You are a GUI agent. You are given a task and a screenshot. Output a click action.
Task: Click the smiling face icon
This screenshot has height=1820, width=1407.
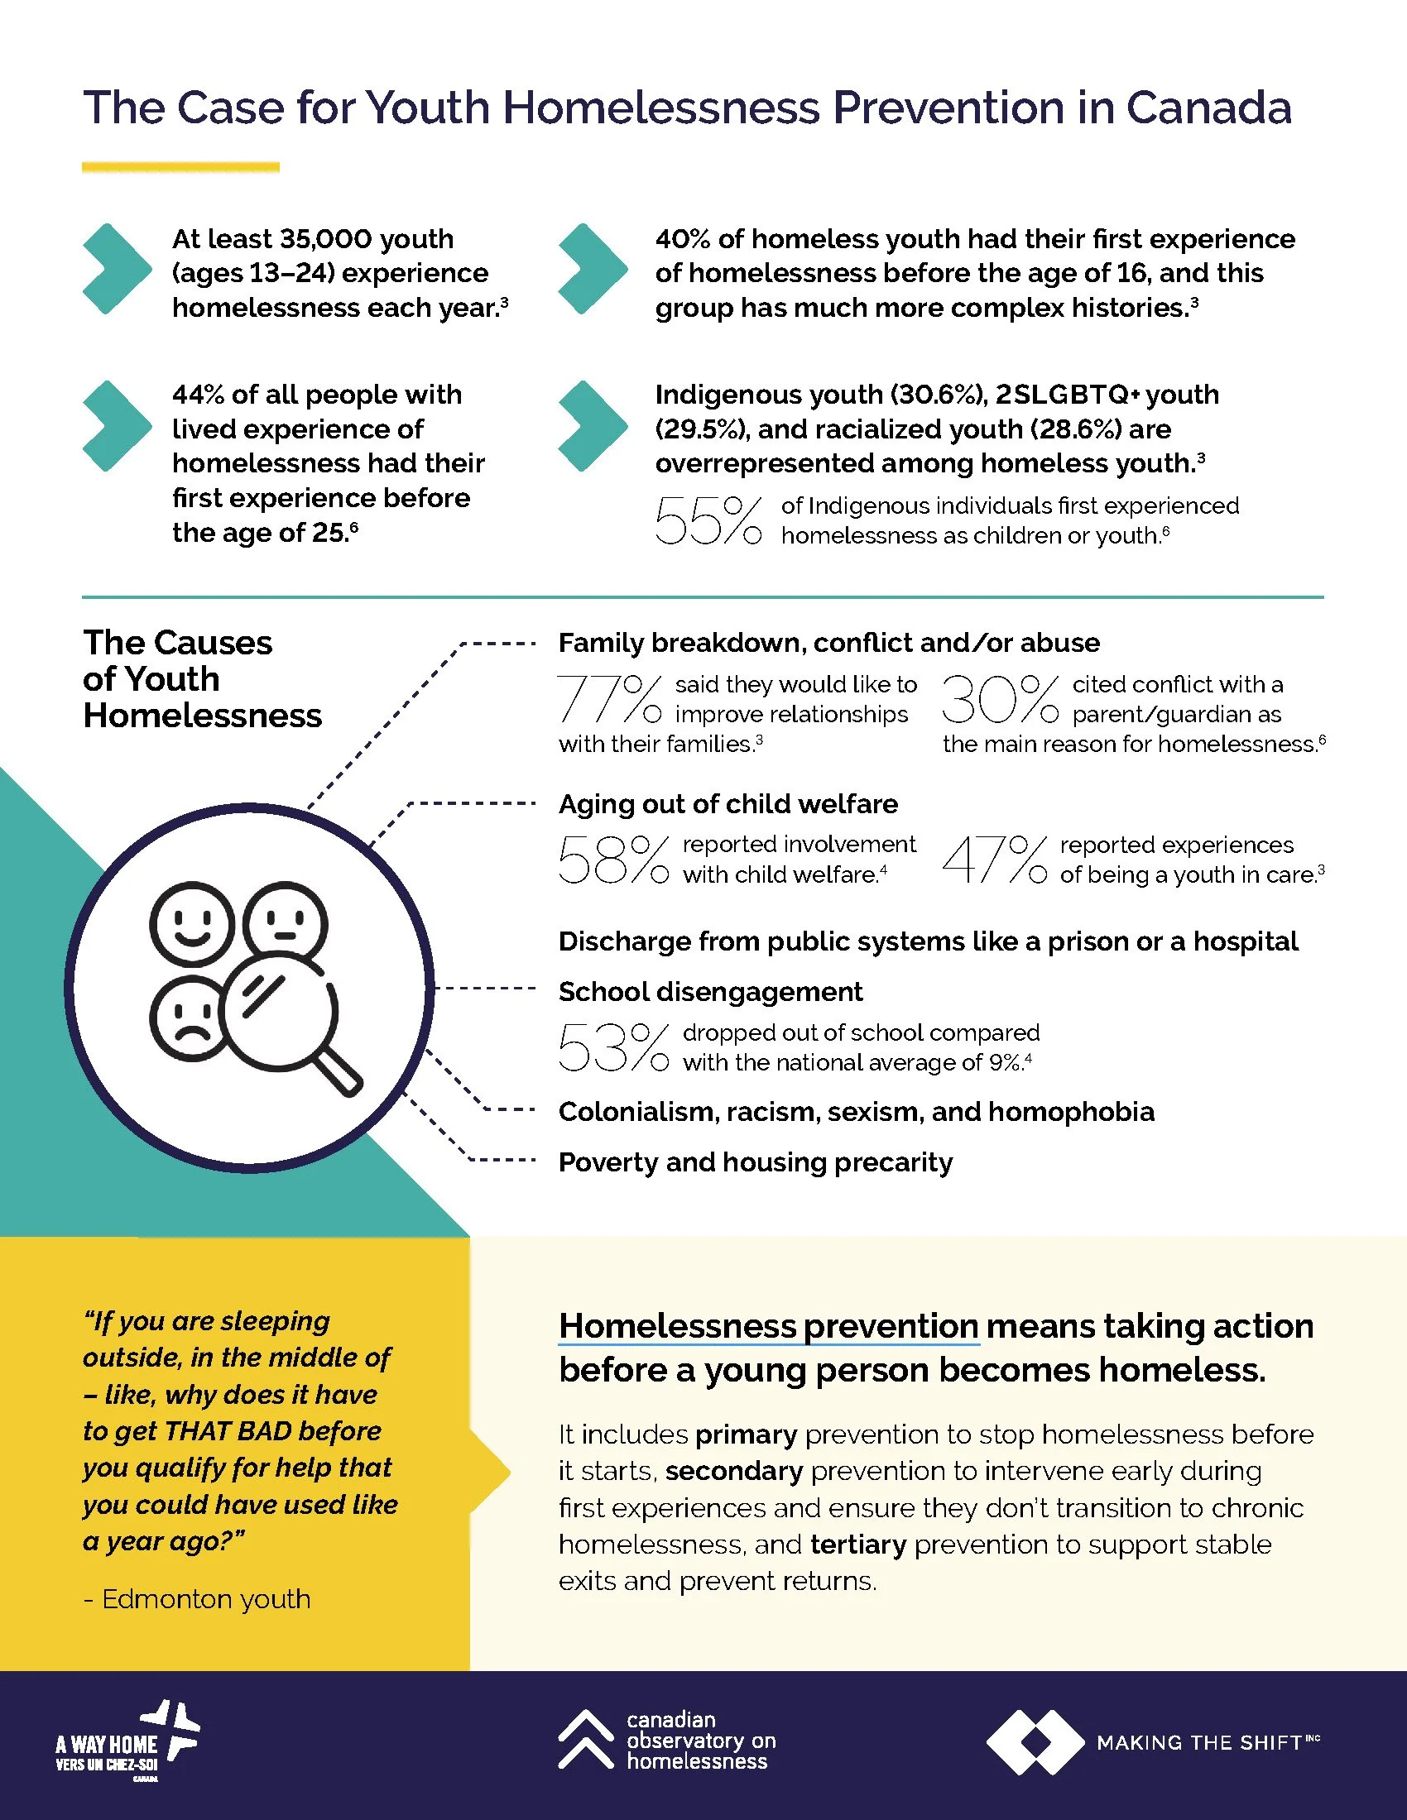(x=191, y=924)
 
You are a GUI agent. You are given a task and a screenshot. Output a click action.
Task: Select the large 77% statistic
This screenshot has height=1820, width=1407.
(x=609, y=698)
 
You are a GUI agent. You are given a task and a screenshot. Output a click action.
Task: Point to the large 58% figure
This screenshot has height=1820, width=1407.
(x=612, y=860)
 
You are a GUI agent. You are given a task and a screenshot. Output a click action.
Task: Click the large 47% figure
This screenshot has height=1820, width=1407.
(x=994, y=860)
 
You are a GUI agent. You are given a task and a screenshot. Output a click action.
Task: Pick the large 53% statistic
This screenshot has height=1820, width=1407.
(x=612, y=1047)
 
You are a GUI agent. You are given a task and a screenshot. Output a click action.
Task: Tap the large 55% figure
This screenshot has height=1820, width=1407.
(x=708, y=521)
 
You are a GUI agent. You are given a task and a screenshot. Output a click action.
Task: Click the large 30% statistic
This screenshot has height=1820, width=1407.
(x=1000, y=698)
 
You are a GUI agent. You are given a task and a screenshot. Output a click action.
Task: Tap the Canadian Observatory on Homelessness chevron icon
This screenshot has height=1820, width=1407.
(x=585, y=1739)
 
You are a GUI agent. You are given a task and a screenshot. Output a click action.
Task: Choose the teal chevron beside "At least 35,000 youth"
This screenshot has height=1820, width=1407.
(x=117, y=269)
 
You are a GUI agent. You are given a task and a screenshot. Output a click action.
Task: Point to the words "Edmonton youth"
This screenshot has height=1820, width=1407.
(x=206, y=1599)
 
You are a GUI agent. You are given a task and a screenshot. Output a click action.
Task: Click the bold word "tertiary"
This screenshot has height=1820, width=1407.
(x=857, y=1545)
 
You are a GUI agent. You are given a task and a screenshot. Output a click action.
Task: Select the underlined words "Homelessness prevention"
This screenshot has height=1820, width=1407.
(x=769, y=1326)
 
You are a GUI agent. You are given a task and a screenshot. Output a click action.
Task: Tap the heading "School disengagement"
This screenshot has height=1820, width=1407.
(x=710, y=992)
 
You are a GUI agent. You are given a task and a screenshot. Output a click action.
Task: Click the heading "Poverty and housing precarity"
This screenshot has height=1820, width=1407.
(x=755, y=1162)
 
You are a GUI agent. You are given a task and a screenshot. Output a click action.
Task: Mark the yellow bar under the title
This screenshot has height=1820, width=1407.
(x=180, y=166)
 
